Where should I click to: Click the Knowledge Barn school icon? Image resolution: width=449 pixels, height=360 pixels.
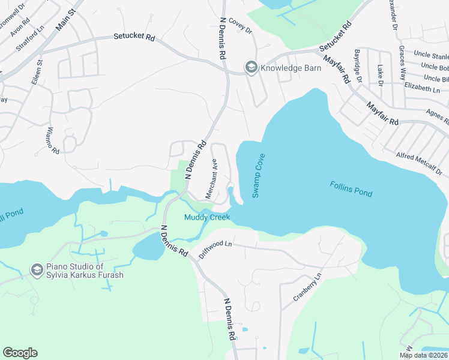pyautogui.click(x=250, y=67)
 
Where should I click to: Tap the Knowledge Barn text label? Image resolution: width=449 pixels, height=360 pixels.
pyautogui.click(x=291, y=68)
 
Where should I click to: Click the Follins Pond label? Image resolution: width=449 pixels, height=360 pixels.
pyautogui.click(x=351, y=189)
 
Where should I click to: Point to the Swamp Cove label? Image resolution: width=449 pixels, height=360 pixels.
pyautogui.click(x=259, y=175)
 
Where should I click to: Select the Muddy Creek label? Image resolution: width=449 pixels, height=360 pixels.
pyautogui.click(x=207, y=217)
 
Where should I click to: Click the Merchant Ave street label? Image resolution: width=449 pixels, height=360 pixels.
pyautogui.click(x=211, y=178)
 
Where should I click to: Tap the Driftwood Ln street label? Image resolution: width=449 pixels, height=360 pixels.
pyautogui.click(x=215, y=249)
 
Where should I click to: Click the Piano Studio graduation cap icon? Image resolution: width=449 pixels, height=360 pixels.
pyautogui.click(x=37, y=271)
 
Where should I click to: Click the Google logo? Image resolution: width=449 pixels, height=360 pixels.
pyautogui.click(x=20, y=353)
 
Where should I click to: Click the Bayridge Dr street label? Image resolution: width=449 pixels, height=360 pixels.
pyautogui.click(x=358, y=66)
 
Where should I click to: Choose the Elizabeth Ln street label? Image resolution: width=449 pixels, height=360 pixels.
pyautogui.click(x=422, y=88)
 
